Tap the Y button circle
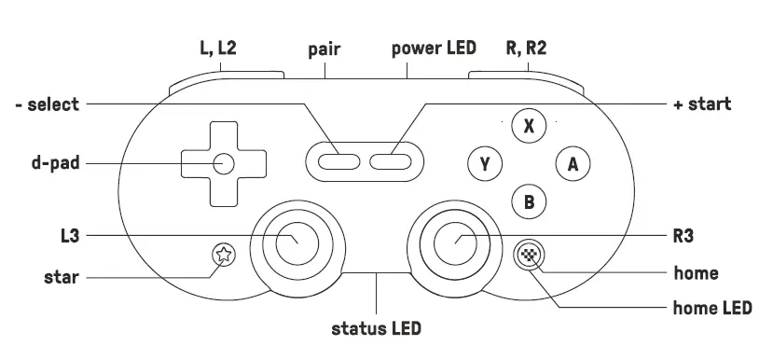[485, 164]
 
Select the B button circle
[529, 200]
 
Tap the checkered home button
[530, 253]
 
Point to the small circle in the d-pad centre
[223, 163]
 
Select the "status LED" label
[377, 328]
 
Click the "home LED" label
[712, 307]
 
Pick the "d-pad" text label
[53, 163]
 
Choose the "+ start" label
[701, 104]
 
